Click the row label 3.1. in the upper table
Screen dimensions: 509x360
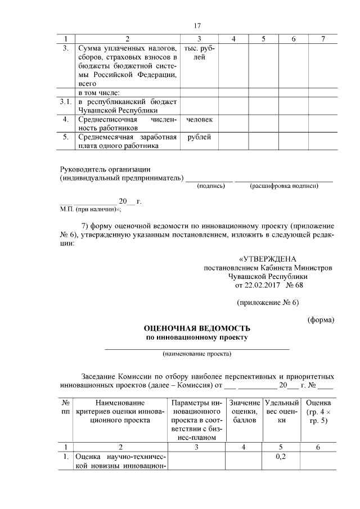(66, 102)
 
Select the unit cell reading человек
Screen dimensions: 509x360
(199, 120)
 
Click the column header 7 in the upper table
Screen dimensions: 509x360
(322, 38)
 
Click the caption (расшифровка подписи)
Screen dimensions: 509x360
(284, 186)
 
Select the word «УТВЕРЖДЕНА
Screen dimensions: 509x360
(267, 259)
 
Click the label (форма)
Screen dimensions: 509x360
(321, 320)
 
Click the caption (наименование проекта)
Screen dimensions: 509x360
(197, 354)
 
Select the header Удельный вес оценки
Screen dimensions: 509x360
(281, 411)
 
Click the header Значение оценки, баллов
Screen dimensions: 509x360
(245, 411)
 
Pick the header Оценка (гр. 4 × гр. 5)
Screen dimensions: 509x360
(318, 411)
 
